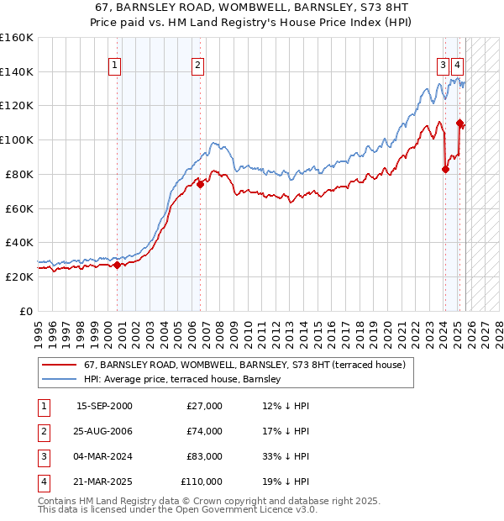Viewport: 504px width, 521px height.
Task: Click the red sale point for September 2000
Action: pyautogui.click(x=117, y=265)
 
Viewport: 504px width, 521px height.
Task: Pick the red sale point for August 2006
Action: pyautogui.click(x=201, y=184)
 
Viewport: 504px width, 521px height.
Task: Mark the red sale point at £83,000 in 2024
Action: pyautogui.click(x=445, y=169)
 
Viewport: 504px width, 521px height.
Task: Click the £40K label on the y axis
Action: pyautogui.click(x=19, y=242)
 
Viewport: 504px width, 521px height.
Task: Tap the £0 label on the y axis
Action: pyautogui.click(x=25, y=310)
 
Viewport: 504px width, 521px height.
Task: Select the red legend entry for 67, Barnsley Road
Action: pyautogui.click(x=244, y=365)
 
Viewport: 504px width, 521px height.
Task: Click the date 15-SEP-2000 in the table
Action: pyautogui.click(x=104, y=406)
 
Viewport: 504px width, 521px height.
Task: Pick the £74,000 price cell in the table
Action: pyautogui.click(x=205, y=431)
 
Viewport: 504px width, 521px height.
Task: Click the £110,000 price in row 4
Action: pyautogui.click(x=202, y=482)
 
